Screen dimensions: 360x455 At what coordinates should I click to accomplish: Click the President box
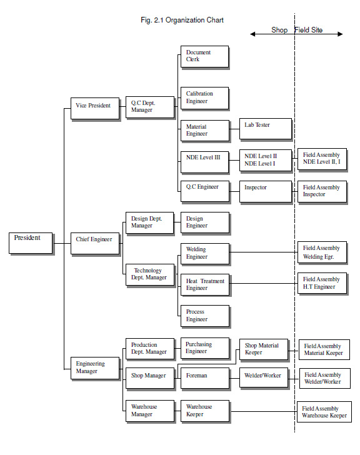[31, 243]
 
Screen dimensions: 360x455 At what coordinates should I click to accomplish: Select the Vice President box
[95, 109]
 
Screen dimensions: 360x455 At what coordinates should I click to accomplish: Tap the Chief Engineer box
[95, 244]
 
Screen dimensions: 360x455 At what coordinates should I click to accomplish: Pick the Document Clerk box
[205, 57]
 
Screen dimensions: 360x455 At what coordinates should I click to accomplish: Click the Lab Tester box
[266, 129]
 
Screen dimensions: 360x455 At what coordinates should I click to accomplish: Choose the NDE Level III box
[205, 162]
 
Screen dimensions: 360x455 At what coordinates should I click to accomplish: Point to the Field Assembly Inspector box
[322, 192]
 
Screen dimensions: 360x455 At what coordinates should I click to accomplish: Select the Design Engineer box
[205, 223]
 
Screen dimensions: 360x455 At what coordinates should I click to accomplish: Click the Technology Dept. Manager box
[150, 275]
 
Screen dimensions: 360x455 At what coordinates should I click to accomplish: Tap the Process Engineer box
[205, 316]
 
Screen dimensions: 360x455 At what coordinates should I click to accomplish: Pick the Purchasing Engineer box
[205, 348]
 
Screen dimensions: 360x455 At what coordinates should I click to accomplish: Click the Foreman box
[205, 378]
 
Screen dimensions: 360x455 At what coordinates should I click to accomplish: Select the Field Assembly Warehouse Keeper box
[324, 412]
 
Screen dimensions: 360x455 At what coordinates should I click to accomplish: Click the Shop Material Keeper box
[264, 350]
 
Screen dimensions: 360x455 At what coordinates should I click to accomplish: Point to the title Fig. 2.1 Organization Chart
[182, 20]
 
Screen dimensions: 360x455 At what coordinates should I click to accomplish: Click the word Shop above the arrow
[279, 30]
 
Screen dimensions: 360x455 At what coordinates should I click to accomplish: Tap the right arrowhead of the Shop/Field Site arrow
[340, 34]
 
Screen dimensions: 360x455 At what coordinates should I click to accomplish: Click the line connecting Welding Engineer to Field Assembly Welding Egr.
[264, 252]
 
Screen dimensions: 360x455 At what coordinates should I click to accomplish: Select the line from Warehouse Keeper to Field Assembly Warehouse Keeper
[264, 411]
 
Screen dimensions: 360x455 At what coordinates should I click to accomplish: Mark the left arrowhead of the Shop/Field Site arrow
[252, 34]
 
